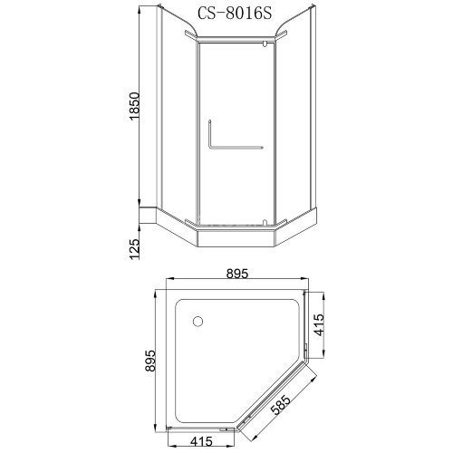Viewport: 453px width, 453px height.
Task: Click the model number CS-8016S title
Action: (x=235, y=14)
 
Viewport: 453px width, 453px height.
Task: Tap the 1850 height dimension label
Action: (x=135, y=106)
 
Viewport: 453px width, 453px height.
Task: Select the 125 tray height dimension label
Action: (x=135, y=249)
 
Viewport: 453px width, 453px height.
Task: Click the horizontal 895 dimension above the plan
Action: (x=237, y=274)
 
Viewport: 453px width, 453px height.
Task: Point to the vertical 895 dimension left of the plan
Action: (x=150, y=361)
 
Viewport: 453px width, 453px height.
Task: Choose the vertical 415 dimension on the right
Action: (x=319, y=325)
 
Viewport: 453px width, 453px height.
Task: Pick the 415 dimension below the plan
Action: (x=201, y=441)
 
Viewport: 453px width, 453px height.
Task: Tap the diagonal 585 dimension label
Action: (x=281, y=405)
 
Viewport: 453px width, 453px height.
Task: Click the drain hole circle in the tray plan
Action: (x=198, y=321)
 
